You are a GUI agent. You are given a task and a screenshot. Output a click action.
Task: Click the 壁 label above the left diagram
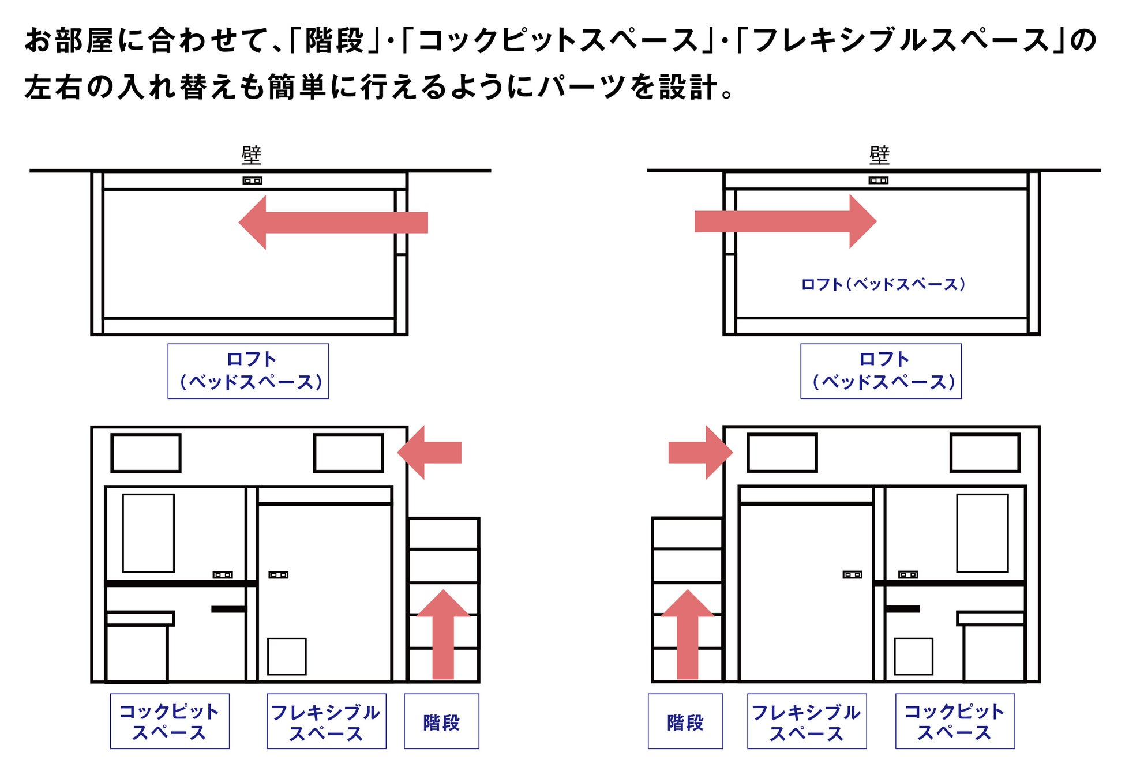(252, 155)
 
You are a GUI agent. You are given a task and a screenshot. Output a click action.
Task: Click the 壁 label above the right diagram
(879, 155)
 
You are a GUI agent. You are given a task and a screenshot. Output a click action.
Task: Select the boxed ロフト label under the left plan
(248, 371)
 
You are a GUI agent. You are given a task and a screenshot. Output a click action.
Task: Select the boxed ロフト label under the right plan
(881, 371)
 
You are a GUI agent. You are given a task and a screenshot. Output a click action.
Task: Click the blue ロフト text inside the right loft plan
(883, 284)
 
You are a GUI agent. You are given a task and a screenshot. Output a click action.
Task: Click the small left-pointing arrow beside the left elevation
(429, 453)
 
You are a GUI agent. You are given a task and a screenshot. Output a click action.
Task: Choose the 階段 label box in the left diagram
(441, 721)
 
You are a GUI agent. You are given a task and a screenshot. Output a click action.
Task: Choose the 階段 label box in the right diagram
(685, 721)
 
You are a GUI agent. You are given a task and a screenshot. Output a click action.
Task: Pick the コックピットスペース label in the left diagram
(170, 721)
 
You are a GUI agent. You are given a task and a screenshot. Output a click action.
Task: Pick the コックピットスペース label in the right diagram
(955, 721)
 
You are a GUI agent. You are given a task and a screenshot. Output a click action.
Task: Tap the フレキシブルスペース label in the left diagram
(327, 721)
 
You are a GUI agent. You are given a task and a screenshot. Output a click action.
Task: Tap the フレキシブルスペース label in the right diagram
(807, 721)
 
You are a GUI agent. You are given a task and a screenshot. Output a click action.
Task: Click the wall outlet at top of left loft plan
(252, 180)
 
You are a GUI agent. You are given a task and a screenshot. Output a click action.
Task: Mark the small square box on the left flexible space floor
(287, 656)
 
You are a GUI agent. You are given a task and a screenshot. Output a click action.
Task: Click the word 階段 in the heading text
(335, 40)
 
